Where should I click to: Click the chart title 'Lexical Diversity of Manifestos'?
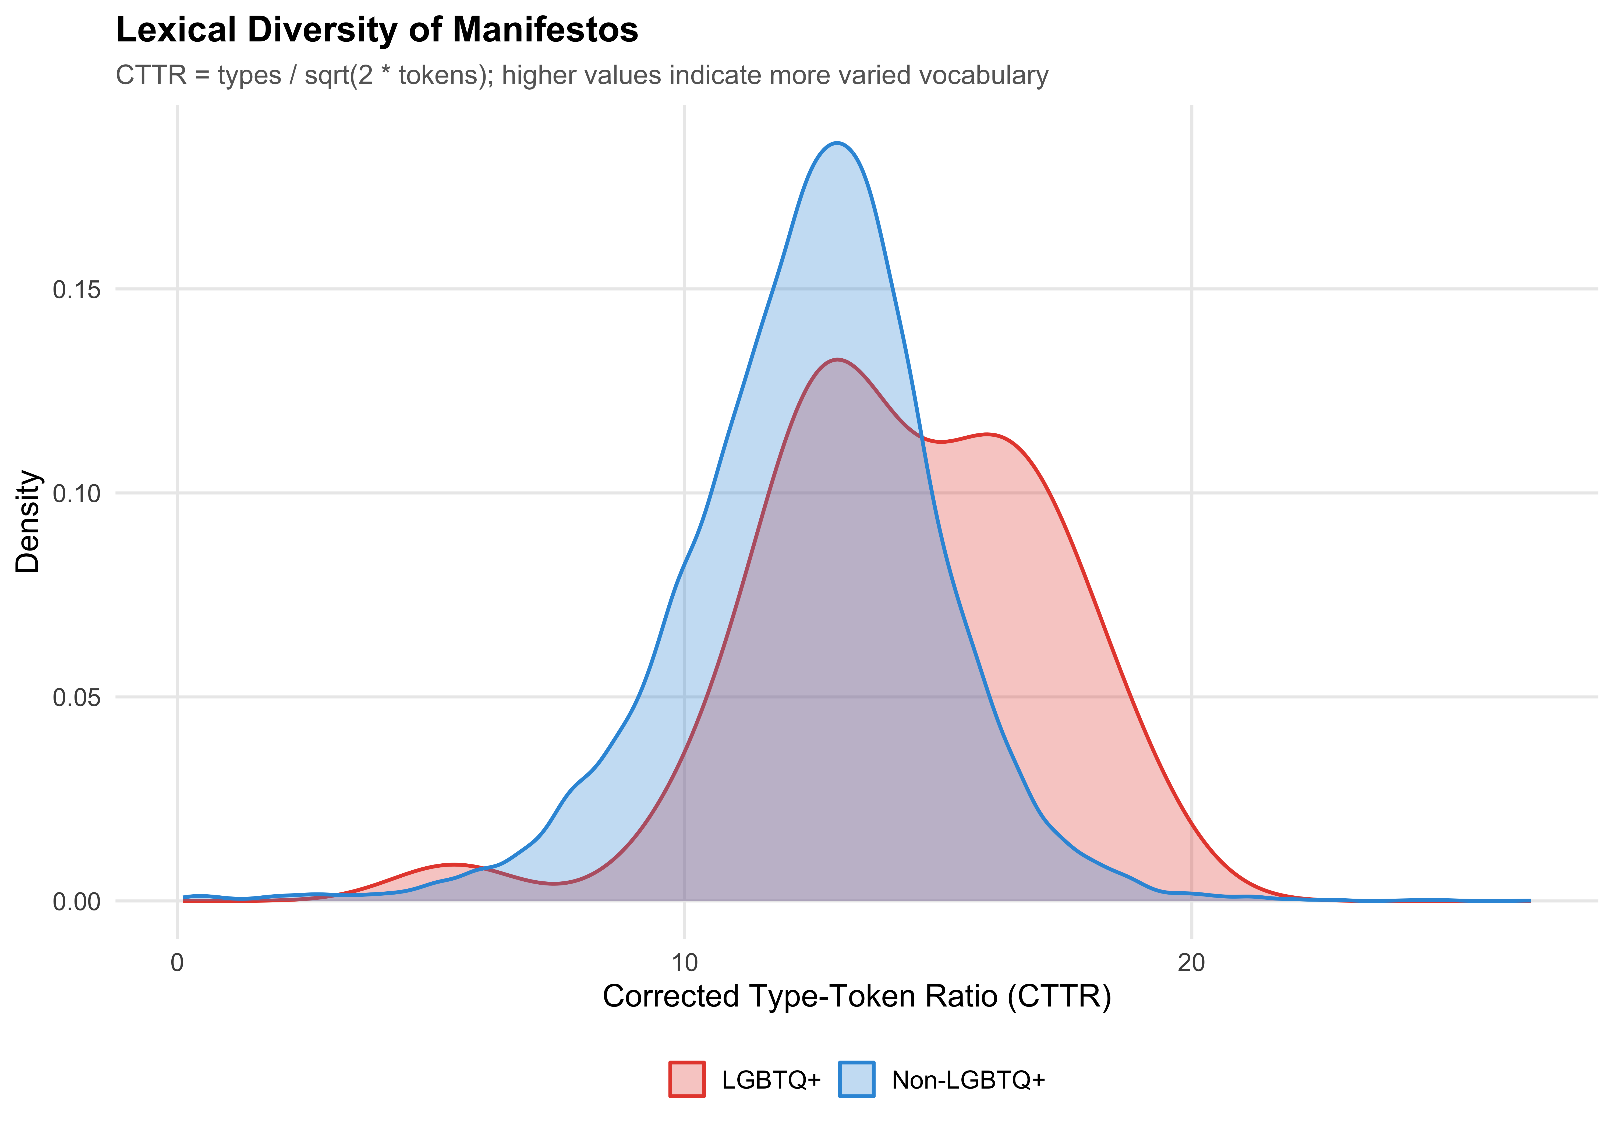pyautogui.click(x=377, y=30)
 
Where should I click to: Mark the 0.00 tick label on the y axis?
pyautogui.click(x=77, y=902)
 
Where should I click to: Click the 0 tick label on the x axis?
pyautogui.click(x=177, y=963)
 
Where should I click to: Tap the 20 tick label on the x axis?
pyautogui.click(x=1191, y=963)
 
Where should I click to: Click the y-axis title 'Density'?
pyautogui.click(x=28, y=522)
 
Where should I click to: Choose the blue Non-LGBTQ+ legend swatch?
pyautogui.click(x=856, y=1079)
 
